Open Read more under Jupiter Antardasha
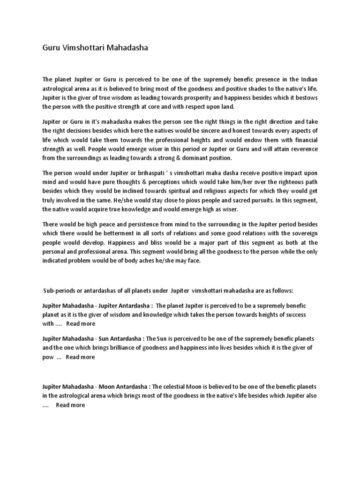click(81, 323)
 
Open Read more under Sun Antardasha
click(80, 357)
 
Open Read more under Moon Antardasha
click(70, 405)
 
